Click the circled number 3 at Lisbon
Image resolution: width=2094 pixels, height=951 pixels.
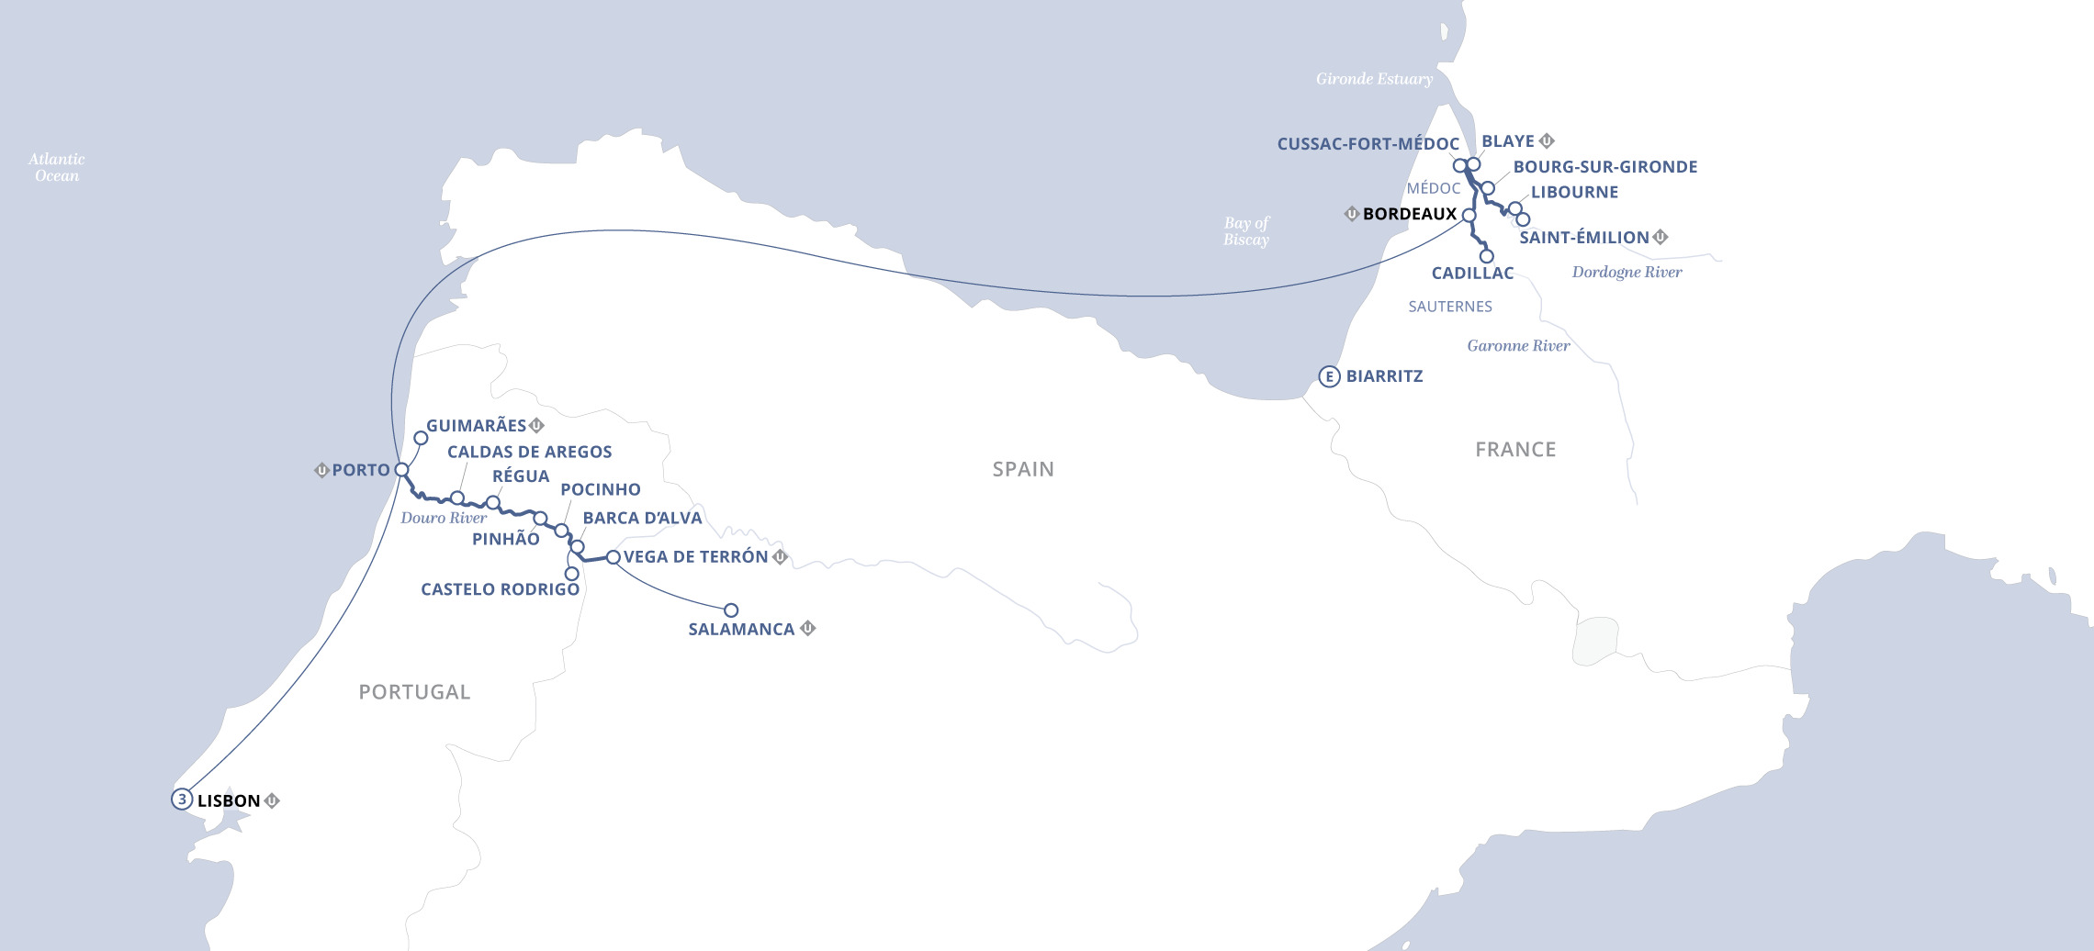tap(182, 800)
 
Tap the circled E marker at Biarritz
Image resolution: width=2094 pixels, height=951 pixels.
tap(1329, 376)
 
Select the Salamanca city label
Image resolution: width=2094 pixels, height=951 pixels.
tap(741, 630)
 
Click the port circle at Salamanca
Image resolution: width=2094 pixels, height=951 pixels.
tap(731, 610)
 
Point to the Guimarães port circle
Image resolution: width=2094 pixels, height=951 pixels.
tap(421, 438)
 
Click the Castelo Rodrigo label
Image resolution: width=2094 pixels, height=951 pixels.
tap(500, 589)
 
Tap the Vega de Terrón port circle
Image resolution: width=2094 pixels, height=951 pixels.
tap(614, 557)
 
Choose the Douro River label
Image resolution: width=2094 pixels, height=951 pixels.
tap(444, 518)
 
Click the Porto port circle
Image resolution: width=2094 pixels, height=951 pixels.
tap(401, 470)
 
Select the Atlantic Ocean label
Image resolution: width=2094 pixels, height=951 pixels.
tap(56, 167)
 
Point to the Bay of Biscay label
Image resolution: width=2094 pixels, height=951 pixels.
tap(1246, 231)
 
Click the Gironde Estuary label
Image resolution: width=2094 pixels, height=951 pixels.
tap(1374, 79)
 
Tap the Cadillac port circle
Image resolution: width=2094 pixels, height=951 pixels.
tap(1487, 256)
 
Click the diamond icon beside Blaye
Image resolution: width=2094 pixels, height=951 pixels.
tap(1547, 140)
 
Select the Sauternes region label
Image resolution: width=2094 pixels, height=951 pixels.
tap(1450, 307)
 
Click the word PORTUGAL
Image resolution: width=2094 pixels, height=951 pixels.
tap(414, 692)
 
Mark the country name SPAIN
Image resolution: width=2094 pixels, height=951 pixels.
tap(1023, 469)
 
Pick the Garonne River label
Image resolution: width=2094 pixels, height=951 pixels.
tap(1518, 346)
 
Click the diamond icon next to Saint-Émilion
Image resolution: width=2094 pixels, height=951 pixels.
tap(1661, 237)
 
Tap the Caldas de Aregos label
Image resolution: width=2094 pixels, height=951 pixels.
tap(529, 452)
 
